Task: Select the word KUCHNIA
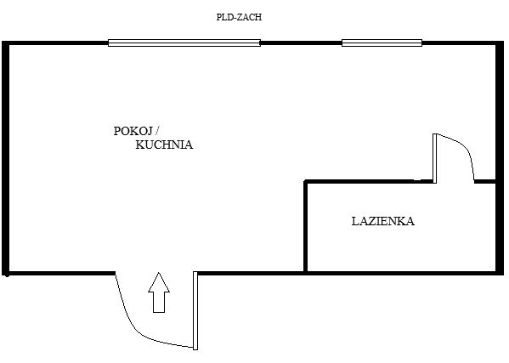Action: point(164,145)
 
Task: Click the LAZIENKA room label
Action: point(382,221)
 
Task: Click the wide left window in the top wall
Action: point(184,43)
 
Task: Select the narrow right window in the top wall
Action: point(382,43)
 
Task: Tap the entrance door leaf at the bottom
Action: point(195,310)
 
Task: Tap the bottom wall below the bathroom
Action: point(399,272)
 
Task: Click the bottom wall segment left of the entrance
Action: point(59,272)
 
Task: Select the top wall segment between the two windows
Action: point(301,43)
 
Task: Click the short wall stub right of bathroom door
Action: point(485,181)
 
